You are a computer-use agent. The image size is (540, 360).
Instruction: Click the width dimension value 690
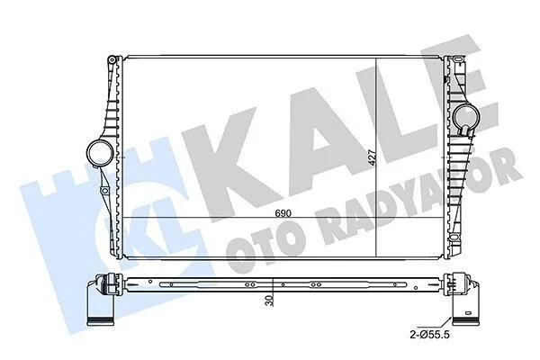283,213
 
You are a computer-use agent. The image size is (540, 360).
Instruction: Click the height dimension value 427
372,157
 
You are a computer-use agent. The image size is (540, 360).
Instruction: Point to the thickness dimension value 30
270,301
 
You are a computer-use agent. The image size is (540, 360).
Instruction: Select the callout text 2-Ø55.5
430,334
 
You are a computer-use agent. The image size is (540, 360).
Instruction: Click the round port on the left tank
100,153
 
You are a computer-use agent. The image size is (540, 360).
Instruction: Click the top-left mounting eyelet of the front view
112,60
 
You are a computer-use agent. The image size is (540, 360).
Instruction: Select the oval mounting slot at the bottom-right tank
454,237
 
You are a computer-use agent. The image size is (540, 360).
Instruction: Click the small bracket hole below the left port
103,190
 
